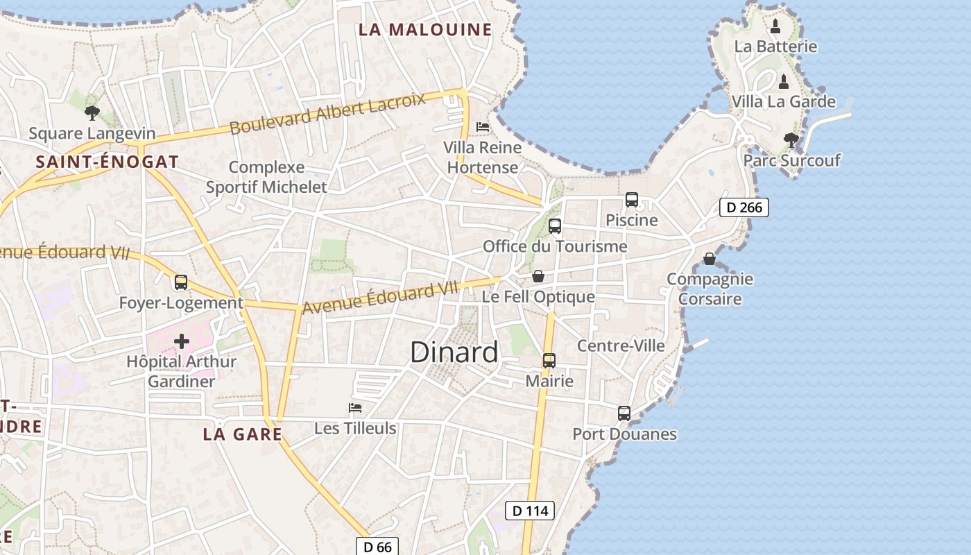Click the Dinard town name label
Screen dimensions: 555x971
pos(454,352)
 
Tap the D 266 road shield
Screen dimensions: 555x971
pos(744,207)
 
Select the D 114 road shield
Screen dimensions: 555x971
pos(530,511)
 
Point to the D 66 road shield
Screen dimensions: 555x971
pos(377,547)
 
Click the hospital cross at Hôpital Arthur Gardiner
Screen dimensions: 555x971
pos(182,341)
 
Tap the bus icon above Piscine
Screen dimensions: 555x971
pos(632,200)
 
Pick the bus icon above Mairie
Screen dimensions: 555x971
pos(549,361)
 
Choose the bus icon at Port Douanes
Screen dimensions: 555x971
pos(624,413)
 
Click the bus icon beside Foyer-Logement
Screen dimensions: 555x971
pos(181,282)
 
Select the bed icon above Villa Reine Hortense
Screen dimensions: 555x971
pos(483,127)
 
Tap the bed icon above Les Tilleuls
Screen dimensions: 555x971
pos(355,407)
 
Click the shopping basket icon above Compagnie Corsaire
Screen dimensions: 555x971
pos(710,259)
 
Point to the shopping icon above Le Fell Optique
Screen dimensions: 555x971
pos(538,277)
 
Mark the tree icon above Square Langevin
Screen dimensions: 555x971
pos(92,112)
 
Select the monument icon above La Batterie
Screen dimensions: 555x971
pos(775,27)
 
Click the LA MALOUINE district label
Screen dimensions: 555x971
pos(424,30)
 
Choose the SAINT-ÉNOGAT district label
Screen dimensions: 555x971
pos(107,162)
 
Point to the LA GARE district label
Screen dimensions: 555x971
pos(242,434)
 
